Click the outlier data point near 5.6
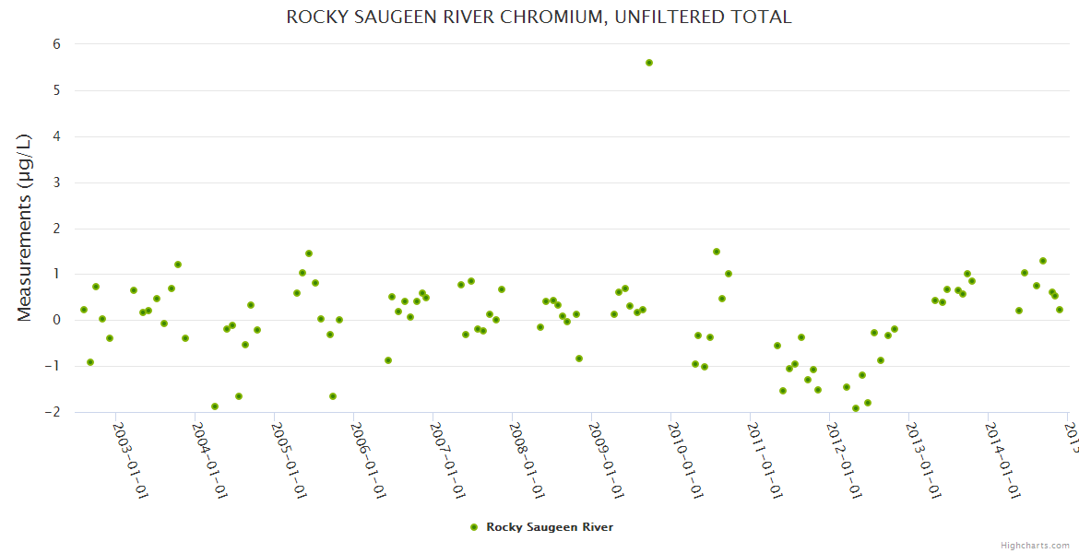[649, 63]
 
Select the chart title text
[539, 18]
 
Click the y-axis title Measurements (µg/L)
[25, 228]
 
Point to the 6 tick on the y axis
[56, 44]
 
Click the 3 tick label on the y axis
[56, 182]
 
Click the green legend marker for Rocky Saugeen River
[474, 527]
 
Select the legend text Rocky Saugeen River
[550, 527]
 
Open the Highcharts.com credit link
[1036, 545]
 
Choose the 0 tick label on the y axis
[56, 320]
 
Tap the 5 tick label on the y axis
[56, 90]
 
